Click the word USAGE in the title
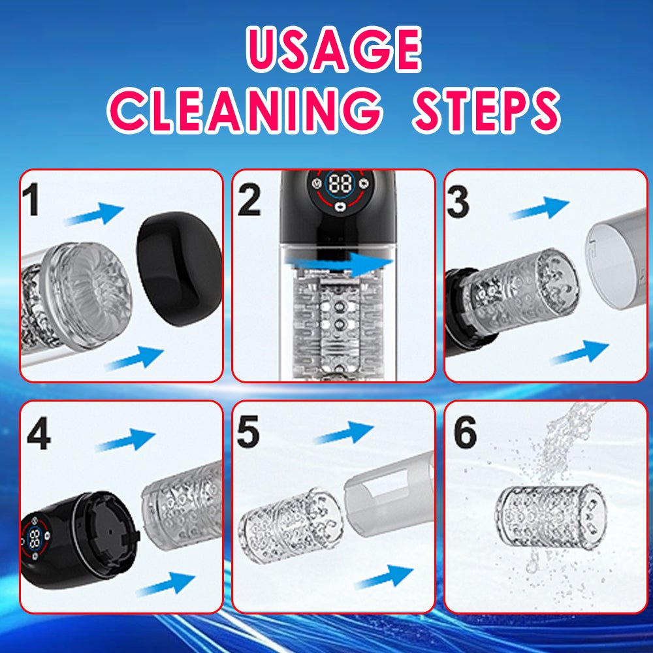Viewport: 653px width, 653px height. coord(334,50)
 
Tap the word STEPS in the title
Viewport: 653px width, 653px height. coord(486,110)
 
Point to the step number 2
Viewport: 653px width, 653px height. coord(249,200)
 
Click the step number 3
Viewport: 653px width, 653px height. coord(458,202)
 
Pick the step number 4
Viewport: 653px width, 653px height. coord(39,434)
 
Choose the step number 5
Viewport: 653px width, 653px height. coord(247,432)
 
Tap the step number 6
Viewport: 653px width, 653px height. coord(465,432)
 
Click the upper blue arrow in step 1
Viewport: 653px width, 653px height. coord(95,214)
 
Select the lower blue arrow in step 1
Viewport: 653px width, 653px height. coord(134,358)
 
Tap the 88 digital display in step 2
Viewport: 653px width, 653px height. coord(340,183)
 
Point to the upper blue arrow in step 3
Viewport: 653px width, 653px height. coord(540,208)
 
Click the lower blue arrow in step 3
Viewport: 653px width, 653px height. coord(579,352)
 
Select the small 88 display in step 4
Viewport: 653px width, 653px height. coord(35,539)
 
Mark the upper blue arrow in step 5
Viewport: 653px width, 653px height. coord(344,432)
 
